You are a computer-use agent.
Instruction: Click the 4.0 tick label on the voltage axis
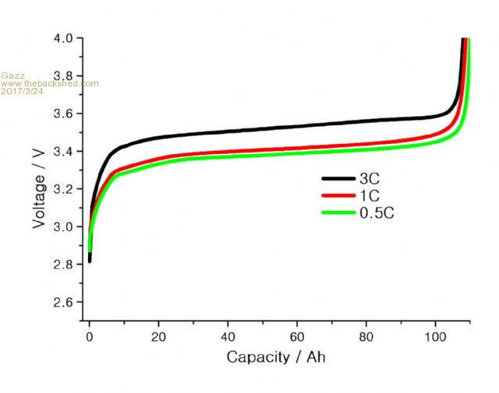(x=64, y=38)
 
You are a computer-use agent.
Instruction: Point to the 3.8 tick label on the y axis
(x=64, y=75)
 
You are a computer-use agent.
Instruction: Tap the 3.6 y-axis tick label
(x=64, y=114)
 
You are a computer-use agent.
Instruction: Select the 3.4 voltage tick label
(x=64, y=151)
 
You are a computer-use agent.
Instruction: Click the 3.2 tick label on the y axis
(x=64, y=189)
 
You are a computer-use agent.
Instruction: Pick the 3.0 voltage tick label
(x=64, y=226)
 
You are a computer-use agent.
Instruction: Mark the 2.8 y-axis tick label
(x=64, y=265)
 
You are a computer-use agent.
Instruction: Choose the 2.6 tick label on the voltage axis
(x=64, y=302)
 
